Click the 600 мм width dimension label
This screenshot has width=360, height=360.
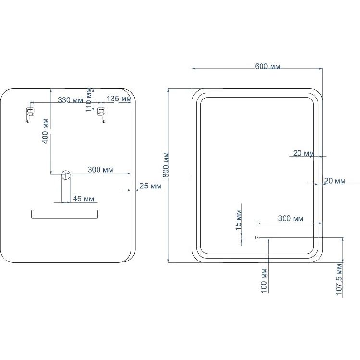267,67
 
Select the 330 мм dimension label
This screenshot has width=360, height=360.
70,100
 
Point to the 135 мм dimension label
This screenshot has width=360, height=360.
119,99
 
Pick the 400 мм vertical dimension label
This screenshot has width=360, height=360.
46,131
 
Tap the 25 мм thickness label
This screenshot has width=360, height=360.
150,186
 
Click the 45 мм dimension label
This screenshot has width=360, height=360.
83,199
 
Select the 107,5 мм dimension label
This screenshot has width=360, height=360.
339,280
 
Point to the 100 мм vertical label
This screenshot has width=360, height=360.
264,281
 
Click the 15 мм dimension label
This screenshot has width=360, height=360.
238,220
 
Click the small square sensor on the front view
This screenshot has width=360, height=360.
257,237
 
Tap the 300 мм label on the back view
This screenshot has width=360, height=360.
100,170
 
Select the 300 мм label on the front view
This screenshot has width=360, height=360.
291,218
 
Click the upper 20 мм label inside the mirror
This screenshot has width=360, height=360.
303,153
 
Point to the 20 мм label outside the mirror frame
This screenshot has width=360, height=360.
335,181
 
